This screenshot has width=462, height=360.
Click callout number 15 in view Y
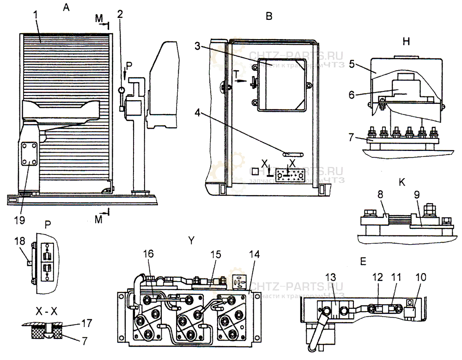(216, 255)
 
